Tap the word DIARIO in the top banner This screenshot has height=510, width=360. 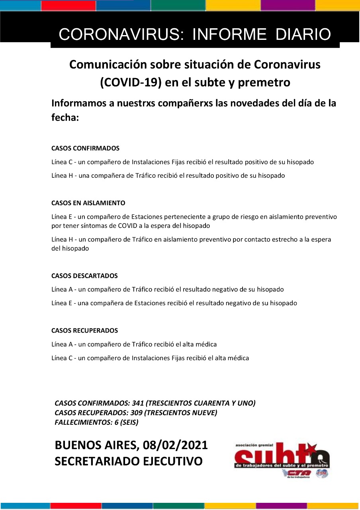point(303,35)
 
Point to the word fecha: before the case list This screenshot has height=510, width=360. point(65,118)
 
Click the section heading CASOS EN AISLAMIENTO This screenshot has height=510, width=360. point(88,203)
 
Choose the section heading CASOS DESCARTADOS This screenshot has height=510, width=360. point(84,276)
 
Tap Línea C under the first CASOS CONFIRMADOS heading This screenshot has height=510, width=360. point(62,162)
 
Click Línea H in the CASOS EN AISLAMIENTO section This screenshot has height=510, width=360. point(62,239)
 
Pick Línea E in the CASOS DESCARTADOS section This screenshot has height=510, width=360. point(61,303)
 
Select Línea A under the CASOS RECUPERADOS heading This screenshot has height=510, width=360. point(62,344)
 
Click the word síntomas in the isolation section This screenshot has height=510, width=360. point(95,226)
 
